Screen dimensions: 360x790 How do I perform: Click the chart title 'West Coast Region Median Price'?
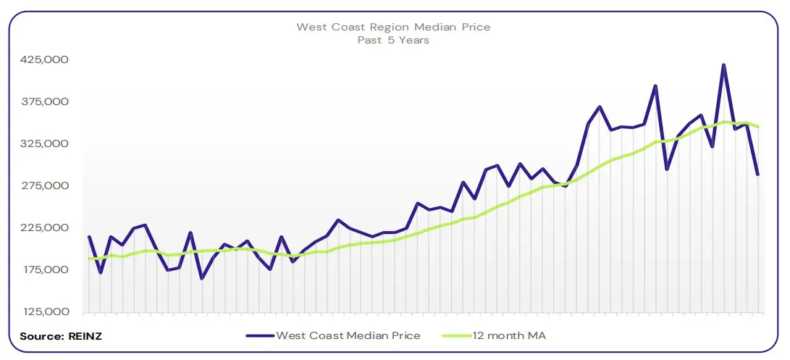pos(393,27)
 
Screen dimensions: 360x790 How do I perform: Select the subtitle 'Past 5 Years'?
pos(393,40)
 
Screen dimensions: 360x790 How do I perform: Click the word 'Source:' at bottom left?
pos(42,336)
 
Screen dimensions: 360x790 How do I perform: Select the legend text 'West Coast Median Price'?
pos(348,336)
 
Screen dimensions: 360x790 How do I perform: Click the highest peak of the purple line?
pos(723,65)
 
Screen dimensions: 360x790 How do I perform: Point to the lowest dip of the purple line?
pos(201,278)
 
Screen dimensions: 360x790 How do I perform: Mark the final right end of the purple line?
pos(757,175)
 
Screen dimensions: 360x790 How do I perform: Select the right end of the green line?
pos(757,127)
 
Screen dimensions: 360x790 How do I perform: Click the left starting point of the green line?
pos(89,259)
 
